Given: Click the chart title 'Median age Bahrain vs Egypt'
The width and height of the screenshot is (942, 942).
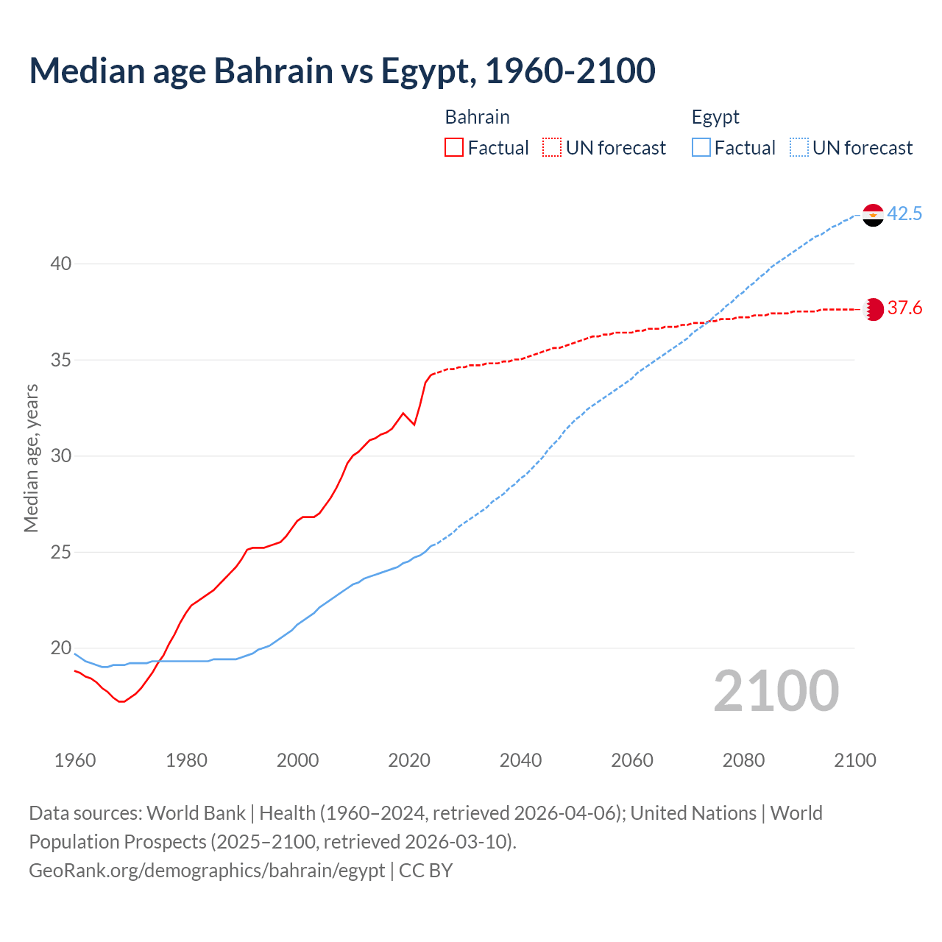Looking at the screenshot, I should click(x=341, y=71).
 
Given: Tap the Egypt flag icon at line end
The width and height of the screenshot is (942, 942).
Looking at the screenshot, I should click(x=873, y=215).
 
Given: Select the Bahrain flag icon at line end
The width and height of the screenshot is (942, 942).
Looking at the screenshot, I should click(x=873, y=309).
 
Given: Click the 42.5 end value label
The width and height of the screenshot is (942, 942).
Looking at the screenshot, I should click(x=904, y=214).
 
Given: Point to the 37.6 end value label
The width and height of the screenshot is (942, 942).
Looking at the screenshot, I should click(x=904, y=308).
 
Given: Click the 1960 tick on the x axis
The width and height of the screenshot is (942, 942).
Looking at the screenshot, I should click(x=75, y=760).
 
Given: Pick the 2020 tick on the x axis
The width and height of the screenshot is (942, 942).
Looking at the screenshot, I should click(x=409, y=760).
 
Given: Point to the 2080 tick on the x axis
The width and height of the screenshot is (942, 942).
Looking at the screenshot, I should click(x=743, y=760).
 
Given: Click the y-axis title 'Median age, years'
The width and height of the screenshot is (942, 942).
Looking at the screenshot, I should click(x=31, y=458).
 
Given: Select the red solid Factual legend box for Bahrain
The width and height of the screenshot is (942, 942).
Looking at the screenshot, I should click(x=454, y=148).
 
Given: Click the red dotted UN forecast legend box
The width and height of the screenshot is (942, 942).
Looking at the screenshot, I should click(x=552, y=148).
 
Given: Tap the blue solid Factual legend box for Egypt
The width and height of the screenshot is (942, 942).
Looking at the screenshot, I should click(x=701, y=148).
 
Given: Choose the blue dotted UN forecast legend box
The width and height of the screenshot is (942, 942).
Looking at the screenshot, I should click(x=798, y=148).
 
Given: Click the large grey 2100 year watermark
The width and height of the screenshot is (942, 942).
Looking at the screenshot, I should click(x=776, y=690).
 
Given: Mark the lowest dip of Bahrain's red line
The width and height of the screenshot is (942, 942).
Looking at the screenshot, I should click(x=121, y=701).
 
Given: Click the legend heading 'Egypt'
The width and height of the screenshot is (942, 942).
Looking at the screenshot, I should click(x=715, y=117).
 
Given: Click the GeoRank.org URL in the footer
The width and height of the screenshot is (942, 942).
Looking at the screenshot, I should click(x=207, y=871).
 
